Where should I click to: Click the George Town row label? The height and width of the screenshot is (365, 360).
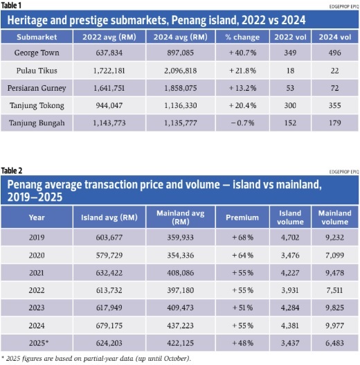(37, 53)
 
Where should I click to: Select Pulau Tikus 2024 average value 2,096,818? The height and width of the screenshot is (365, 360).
(181, 71)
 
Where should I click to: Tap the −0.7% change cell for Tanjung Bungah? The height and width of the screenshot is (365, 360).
(242, 123)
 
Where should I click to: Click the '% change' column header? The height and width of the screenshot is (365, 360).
(242, 37)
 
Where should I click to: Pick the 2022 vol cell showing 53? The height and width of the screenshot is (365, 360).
(290, 88)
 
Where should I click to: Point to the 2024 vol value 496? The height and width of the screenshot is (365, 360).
(334, 53)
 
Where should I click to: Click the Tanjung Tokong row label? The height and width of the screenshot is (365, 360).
(37, 106)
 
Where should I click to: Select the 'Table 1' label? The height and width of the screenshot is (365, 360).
(11, 6)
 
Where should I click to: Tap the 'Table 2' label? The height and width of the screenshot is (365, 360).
(12, 170)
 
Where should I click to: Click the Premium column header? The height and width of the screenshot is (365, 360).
(242, 217)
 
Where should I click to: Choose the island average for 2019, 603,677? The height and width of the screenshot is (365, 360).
(109, 238)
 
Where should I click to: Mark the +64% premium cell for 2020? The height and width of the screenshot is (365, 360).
(242, 256)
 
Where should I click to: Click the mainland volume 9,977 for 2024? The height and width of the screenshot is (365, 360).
(334, 326)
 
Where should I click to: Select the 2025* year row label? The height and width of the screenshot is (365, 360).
(39, 343)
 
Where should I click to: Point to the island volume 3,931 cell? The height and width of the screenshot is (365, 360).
(290, 290)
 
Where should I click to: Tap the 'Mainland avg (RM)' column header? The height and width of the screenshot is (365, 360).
(181, 217)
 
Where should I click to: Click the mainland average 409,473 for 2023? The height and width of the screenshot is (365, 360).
(181, 308)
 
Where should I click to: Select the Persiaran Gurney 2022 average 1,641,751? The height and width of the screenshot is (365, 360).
(109, 88)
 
